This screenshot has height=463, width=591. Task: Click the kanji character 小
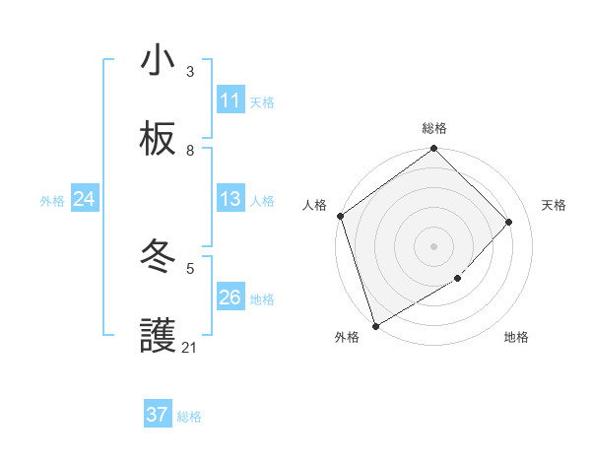[x=158, y=61]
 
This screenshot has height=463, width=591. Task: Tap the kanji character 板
[x=158, y=139]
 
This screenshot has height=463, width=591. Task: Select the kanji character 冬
[x=158, y=257]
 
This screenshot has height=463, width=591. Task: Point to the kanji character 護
[x=158, y=336]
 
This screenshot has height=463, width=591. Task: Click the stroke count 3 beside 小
[x=190, y=72]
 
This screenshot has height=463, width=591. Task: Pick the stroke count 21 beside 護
[x=190, y=348]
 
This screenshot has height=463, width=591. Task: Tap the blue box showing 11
[x=230, y=100]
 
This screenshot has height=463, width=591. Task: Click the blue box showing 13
[x=230, y=199]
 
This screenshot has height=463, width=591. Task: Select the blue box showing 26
[x=230, y=298]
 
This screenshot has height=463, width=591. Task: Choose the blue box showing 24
[x=85, y=199]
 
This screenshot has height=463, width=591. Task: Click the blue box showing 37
[x=158, y=415]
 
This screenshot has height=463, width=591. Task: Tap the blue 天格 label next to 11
[x=262, y=101]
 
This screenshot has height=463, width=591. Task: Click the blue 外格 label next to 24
[x=52, y=200]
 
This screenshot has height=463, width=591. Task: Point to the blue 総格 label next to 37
[x=189, y=417]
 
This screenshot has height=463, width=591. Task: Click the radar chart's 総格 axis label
[x=434, y=128]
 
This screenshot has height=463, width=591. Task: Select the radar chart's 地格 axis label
[x=516, y=338]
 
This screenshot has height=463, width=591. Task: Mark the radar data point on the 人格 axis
[x=340, y=216]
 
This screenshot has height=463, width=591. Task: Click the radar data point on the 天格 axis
[x=509, y=222]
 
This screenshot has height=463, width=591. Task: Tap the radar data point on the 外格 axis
[x=375, y=326]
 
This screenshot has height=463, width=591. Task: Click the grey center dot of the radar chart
[x=434, y=245]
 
